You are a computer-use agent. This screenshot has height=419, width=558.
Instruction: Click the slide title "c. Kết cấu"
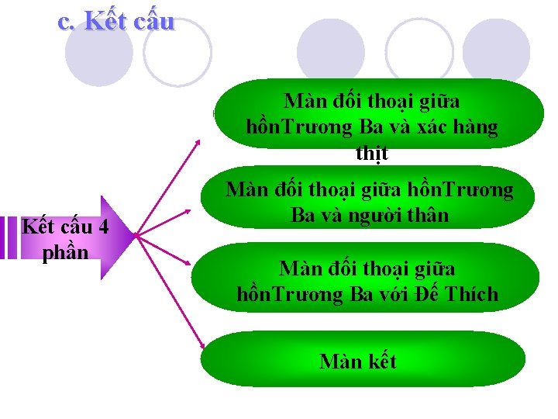[116, 21]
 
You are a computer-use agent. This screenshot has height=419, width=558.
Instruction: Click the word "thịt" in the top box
[372, 154]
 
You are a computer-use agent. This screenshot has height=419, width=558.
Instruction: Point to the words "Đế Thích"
[465, 295]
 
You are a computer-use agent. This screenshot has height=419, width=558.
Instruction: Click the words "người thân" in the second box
[403, 215]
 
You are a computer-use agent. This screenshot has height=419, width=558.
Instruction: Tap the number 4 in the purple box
[103, 227]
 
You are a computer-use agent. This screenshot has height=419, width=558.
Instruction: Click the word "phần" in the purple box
[66, 253]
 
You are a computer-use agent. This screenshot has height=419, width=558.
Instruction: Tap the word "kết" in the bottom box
[380, 362]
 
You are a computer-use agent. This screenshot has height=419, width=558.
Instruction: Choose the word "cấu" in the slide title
[153, 21]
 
